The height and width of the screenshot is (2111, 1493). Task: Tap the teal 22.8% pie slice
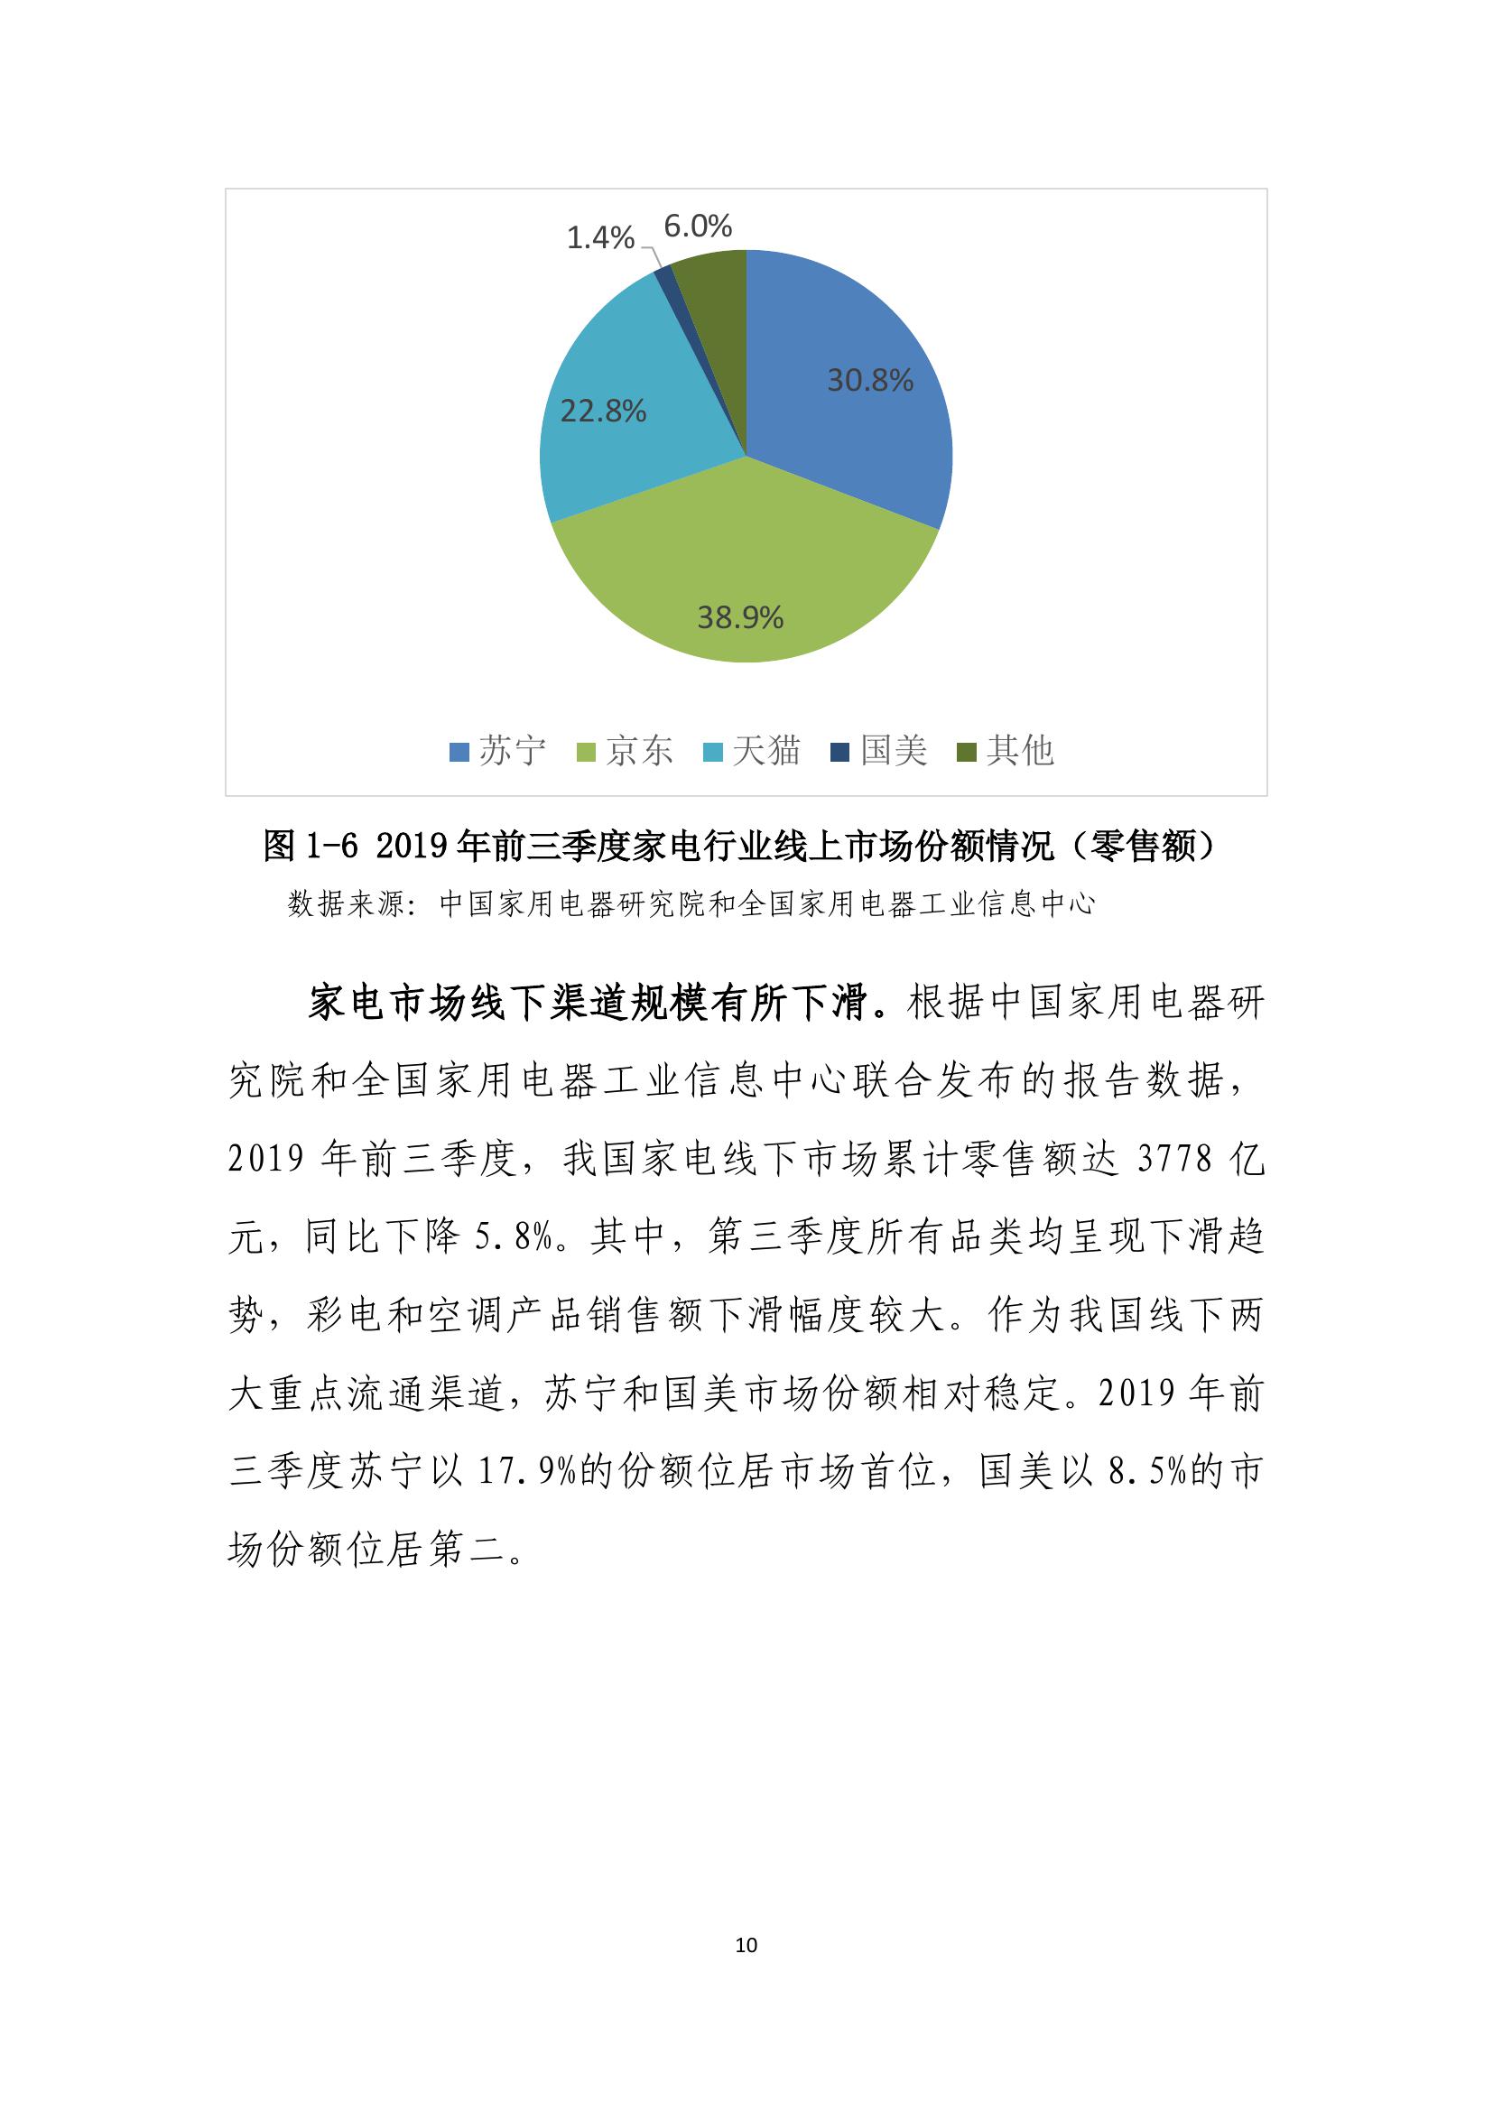point(626,432)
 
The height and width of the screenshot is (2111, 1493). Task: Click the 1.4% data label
point(599,238)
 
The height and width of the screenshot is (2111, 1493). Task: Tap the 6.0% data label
point(698,227)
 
